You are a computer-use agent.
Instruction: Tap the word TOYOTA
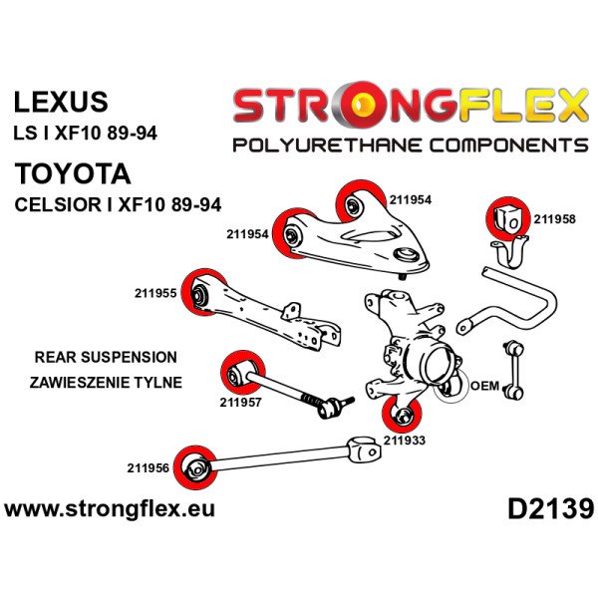pyautogui.click(x=73, y=174)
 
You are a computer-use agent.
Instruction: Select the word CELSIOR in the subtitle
pyautogui.click(x=55, y=206)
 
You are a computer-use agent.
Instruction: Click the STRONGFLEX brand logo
pyautogui.click(x=409, y=106)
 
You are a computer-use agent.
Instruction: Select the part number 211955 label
pyautogui.click(x=155, y=294)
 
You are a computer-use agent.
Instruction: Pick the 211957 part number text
pyautogui.click(x=241, y=403)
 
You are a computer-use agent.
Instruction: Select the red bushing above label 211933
pyautogui.click(x=405, y=411)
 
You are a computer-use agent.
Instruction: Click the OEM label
pyautogui.click(x=483, y=386)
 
